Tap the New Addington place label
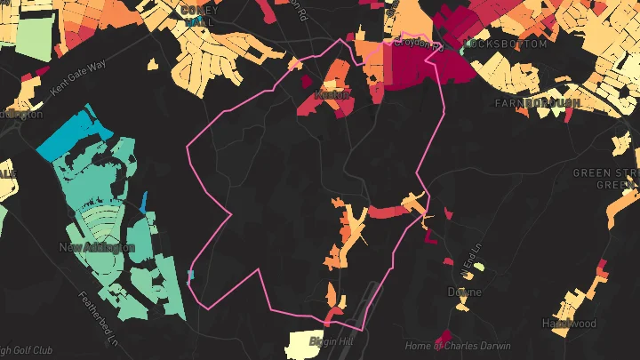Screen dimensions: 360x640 pos(97,247)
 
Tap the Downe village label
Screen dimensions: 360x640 pos(465,292)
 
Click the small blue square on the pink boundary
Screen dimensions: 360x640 pos(191,275)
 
